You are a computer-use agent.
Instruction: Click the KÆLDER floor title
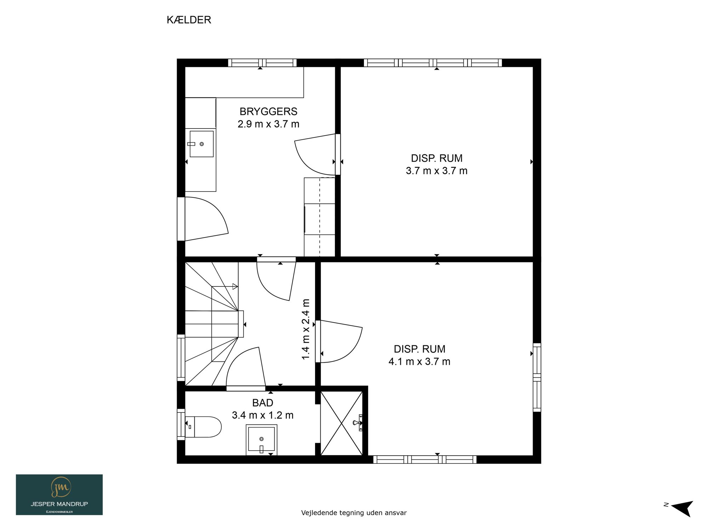(189, 20)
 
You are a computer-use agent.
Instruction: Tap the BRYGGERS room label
(268, 112)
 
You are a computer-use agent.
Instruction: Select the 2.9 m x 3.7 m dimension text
(268, 124)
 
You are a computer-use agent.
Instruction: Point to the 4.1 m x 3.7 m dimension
(419, 361)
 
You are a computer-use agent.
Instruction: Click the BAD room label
(263, 403)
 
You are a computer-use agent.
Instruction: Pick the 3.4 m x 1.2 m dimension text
(263, 415)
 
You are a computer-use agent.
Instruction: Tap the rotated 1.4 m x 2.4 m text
(306, 329)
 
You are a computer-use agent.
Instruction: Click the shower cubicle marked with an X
(342, 423)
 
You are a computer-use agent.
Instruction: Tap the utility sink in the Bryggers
(201, 144)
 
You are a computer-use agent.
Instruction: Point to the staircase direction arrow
(225, 286)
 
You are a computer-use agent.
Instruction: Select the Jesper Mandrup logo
(59, 495)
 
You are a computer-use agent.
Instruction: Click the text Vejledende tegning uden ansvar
(354, 513)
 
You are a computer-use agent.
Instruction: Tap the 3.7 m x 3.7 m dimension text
(437, 171)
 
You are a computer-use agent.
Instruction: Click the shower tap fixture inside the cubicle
(358, 423)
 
